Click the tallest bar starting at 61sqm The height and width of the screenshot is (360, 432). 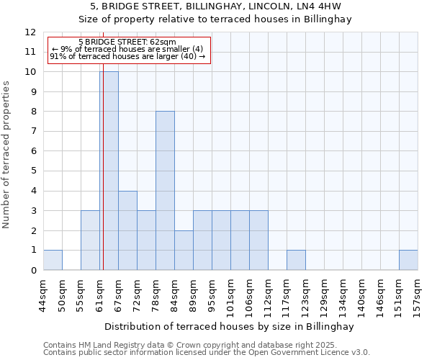point(109,171)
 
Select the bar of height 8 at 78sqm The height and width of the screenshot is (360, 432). point(165,191)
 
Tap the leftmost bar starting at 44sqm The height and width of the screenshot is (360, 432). point(53,260)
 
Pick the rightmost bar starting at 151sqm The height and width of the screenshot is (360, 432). point(408,260)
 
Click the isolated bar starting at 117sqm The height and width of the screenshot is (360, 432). point(296,260)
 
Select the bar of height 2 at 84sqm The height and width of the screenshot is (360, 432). point(184,250)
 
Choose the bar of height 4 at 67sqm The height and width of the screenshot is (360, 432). point(127,230)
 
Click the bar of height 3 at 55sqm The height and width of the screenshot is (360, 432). point(90,240)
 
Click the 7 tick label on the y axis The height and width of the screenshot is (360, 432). point(32,131)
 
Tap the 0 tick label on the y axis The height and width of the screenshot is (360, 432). point(32,270)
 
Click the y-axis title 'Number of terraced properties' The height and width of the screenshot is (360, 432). point(6,154)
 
